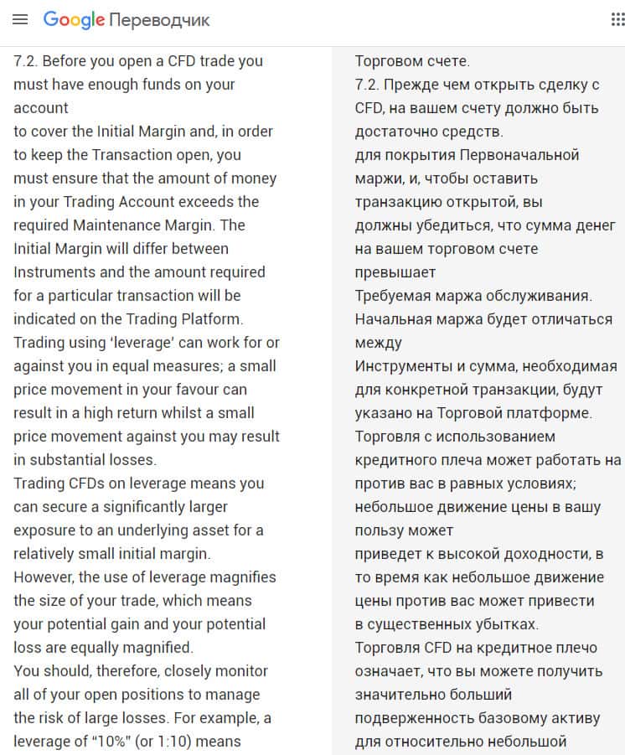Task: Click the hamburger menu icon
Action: [21, 19]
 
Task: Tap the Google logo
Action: [74, 19]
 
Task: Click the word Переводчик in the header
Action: [159, 20]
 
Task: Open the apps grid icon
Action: [617, 19]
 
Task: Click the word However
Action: [42, 577]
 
